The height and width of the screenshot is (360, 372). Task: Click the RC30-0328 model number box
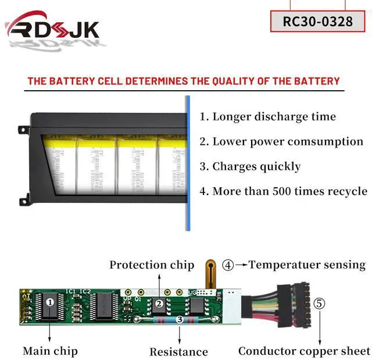point(317,21)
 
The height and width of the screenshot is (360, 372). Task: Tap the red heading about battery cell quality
point(184,81)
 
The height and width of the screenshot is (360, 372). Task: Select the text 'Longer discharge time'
point(267,116)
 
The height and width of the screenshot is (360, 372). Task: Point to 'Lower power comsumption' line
point(281,141)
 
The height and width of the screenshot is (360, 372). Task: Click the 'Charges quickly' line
point(250,166)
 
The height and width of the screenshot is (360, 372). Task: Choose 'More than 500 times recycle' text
point(283,191)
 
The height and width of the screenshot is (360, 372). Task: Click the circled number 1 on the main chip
point(51,302)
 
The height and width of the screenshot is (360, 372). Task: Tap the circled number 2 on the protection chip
point(158,304)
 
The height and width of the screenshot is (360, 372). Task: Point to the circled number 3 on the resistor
point(180,319)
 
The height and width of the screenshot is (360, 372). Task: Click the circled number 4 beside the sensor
point(228,265)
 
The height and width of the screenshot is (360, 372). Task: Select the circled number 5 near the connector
point(319,303)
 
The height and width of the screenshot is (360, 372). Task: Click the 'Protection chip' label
point(152,265)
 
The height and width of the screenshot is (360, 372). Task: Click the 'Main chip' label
point(50,351)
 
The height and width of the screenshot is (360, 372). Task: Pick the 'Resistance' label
point(178,351)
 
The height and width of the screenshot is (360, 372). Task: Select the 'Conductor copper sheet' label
point(303,351)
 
